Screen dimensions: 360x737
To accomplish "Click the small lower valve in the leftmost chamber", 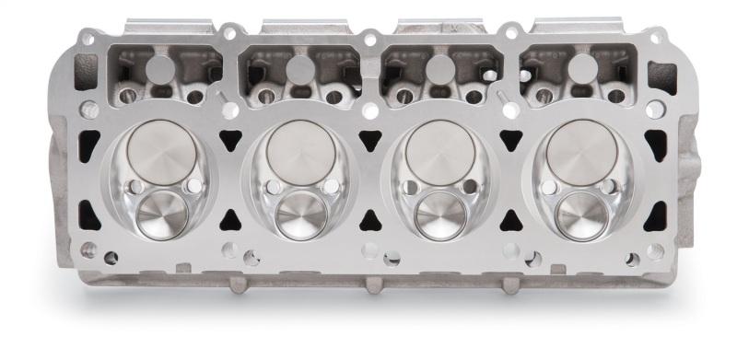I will [x=162, y=214].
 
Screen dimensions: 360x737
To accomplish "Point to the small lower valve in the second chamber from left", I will [x=300, y=214].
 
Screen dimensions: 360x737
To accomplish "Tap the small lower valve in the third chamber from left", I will [x=439, y=214].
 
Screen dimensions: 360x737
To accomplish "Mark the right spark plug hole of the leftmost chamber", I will [x=193, y=187].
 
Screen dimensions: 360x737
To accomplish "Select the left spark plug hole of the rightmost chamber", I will [x=549, y=188].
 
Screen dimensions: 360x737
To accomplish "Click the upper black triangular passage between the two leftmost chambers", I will [x=228, y=140].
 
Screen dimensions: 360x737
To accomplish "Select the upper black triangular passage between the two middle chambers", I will [x=369, y=140].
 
